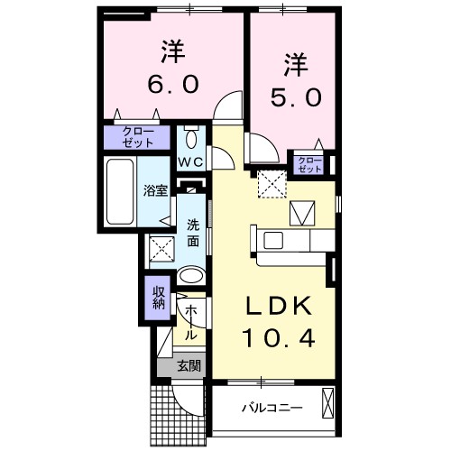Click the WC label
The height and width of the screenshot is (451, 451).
tap(190, 162)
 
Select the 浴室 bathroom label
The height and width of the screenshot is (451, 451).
tap(155, 190)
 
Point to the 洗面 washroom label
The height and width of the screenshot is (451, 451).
tap(193, 234)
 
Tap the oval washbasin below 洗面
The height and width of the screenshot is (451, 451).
tap(190, 276)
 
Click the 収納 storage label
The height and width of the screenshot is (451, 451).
tap(157, 297)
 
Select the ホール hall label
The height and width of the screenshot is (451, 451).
tap(191, 322)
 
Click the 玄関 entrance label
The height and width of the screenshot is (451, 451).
tap(189, 365)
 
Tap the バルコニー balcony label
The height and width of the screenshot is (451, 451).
tap(272, 408)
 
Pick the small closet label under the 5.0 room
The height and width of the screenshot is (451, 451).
tap(309, 164)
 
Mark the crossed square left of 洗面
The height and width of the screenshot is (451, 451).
tap(161, 247)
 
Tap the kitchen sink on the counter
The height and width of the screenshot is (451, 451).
tap(273, 240)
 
